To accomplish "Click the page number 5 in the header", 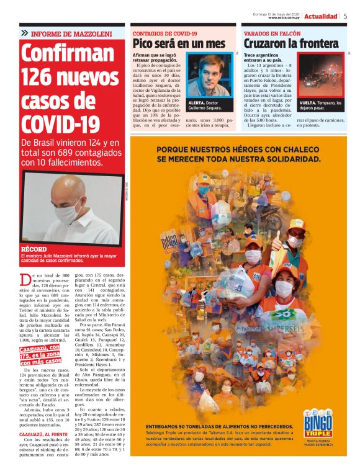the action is point(345,16).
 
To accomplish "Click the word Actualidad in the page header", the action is point(320,16).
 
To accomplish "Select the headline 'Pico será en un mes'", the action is point(179,44).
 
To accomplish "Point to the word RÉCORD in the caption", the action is point(34,249).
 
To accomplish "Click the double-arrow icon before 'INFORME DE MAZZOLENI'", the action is point(24,32).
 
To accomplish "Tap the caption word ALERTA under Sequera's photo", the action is point(197,102).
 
